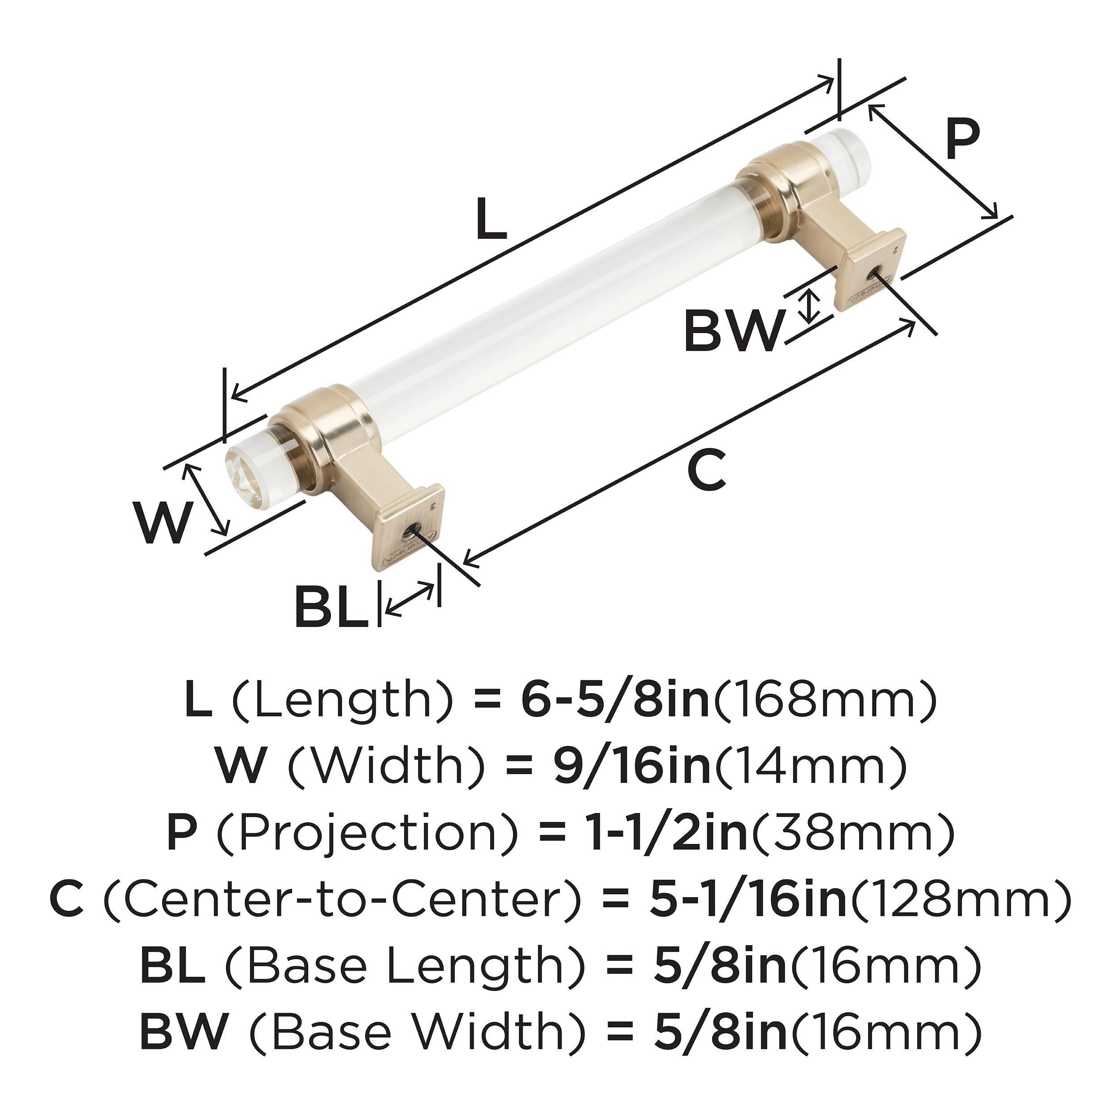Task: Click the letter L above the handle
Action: pyautogui.click(x=491, y=219)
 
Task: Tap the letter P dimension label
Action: pyautogui.click(x=963, y=139)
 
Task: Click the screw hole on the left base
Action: pyautogui.click(x=411, y=529)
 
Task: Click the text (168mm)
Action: pyautogui.click(x=826, y=701)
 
